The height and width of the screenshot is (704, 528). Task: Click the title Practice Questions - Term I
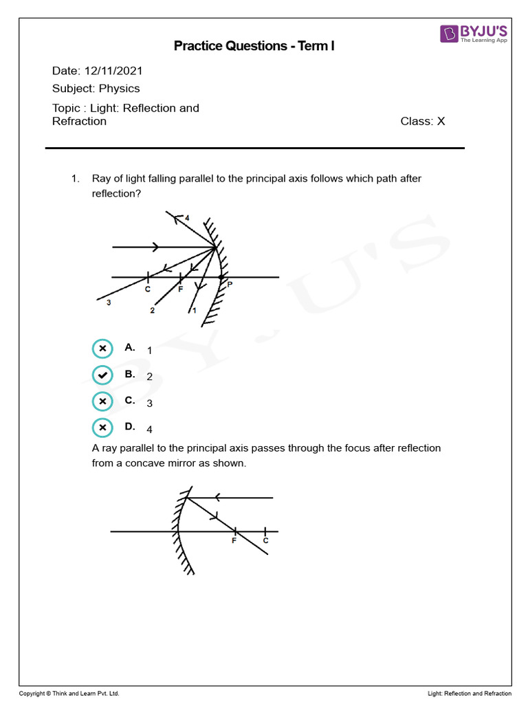coord(254,46)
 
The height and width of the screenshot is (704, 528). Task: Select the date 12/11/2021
coord(113,71)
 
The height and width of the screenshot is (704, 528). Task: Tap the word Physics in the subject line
coord(119,89)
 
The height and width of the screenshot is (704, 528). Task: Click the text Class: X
coord(423,122)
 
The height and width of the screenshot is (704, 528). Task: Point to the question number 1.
coord(75,179)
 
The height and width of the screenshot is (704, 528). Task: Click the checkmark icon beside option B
coord(102,375)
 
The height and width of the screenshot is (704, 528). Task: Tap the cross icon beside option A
coord(102,349)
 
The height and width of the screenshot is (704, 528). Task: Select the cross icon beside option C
coord(102,401)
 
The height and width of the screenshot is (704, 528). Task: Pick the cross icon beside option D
coord(102,428)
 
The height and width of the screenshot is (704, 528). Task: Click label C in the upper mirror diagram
coord(148,289)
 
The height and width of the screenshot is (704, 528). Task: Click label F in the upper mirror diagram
coord(180,289)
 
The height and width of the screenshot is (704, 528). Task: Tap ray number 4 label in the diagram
coord(187,218)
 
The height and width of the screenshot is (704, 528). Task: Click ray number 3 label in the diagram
coord(108,302)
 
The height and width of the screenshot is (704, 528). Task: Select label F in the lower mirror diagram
coord(234,542)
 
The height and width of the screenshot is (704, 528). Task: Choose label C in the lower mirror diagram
coord(265,541)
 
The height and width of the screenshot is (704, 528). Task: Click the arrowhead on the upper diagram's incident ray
coord(156,247)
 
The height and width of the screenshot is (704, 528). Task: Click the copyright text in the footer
coord(64,694)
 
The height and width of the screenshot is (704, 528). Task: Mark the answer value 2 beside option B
coord(149,377)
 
